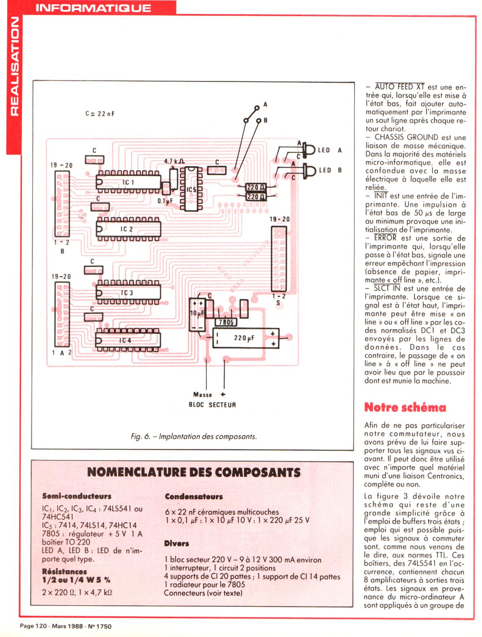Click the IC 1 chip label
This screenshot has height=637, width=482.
pyautogui.click(x=128, y=182)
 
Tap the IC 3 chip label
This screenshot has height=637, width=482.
pyautogui.click(x=127, y=293)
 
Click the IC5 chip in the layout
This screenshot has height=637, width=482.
pyautogui.click(x=191, y=189)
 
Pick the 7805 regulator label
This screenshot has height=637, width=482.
pyautogui.click(x=226, y=322)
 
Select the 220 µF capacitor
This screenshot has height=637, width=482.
pyautogui.click(x=244, y=338)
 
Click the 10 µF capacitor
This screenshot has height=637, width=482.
pyautogui.click(x=197, y=313)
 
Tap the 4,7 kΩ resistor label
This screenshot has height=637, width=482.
pyautogui.click(x=174, y=161)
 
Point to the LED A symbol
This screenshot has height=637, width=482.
pyautogui.click(x=310, y=150)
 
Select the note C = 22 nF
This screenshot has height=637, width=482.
pyautogui.click(x=100, y=114)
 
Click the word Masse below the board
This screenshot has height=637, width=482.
pyautogui.click(x=203, y=394)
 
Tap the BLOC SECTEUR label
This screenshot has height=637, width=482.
pyautogui.click(x=212, y=405)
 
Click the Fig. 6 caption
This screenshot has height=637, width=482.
pyautogui.click(x=193, y=436)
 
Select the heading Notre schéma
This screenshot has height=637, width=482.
pyautogui.click(x=405, y=407)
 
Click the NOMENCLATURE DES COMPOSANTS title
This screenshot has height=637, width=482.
pyautogui.click(x=194, y=472)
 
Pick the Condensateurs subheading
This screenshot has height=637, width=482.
pyautogui.click(x=194, y=497)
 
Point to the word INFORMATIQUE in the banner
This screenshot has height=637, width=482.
pyautogui.click(x=93, y=8)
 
